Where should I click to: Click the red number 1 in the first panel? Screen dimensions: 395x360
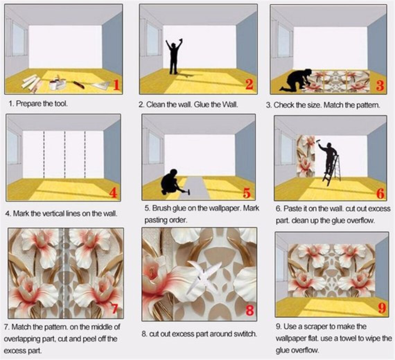(x=116, y=84)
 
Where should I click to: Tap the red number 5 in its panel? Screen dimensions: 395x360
(x=247, y=192)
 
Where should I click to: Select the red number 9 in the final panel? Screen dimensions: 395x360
(x=382, y=308)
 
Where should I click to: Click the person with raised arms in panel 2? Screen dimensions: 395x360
(x=174, y=56)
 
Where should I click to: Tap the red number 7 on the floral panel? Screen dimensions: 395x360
(x=115, y=308)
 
